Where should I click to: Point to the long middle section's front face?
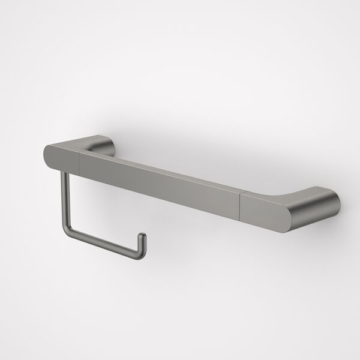pos(159,182)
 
